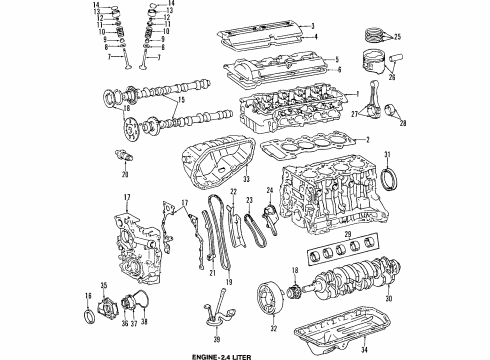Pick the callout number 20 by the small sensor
(125, 175)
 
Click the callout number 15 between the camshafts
(180, 100)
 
